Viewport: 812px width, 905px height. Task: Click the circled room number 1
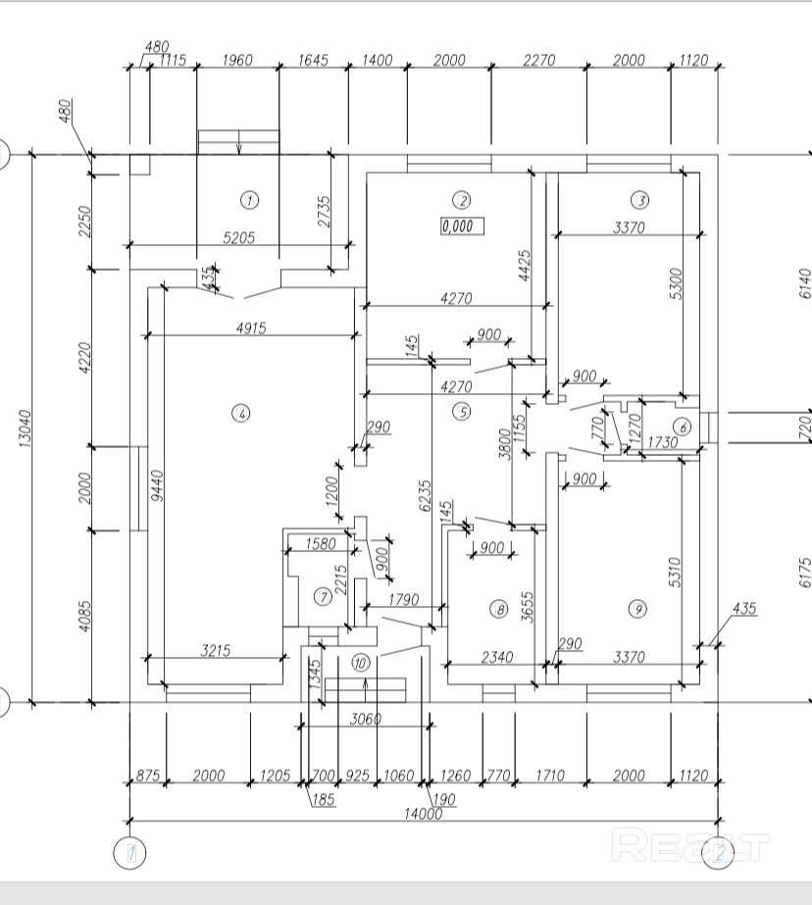coord(250,200)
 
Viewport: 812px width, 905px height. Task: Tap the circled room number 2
coord(460,200)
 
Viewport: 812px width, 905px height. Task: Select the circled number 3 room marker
coord(639,200)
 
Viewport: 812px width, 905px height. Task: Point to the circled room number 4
coord(240,414)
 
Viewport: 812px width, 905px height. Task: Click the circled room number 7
coord(321,595)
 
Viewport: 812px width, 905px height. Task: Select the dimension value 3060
coord(365,719)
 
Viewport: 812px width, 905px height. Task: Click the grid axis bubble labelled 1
coord(128,853)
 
